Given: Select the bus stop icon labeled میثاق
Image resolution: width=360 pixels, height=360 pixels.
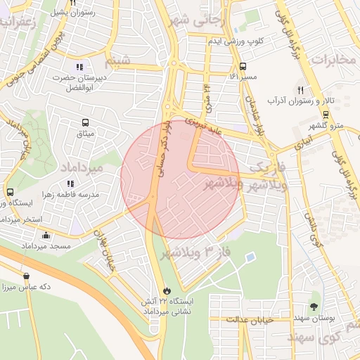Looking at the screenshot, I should click(86, 122).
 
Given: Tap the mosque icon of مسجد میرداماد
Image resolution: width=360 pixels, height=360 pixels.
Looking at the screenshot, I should click(46, 236).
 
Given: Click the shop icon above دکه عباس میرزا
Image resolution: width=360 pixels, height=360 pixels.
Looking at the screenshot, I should click(26, 276).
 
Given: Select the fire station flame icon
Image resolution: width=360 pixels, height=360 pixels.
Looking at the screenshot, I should click(166, 290).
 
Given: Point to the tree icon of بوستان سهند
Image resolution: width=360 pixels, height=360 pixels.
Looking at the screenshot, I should click(314, 307).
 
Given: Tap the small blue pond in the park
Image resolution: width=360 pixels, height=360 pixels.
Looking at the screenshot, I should click(250, 258).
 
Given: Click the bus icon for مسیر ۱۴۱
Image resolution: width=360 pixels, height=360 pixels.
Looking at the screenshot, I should click(243, 66).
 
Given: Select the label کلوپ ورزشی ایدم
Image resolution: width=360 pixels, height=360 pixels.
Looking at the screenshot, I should click(235, 41).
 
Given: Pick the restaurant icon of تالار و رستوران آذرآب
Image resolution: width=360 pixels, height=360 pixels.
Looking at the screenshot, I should click(301, 90).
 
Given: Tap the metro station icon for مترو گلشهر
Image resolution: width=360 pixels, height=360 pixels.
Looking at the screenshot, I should click(325, 114).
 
